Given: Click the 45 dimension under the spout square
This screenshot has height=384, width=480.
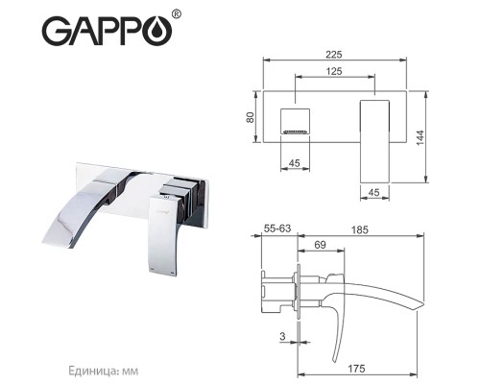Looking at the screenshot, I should [x=299, y=162].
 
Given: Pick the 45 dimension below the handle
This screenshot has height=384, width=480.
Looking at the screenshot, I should [x=377, y=190].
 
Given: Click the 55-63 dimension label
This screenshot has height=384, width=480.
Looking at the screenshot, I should [x=279, y=231].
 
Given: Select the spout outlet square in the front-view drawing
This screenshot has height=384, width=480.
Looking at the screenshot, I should [x=299, y=122].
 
